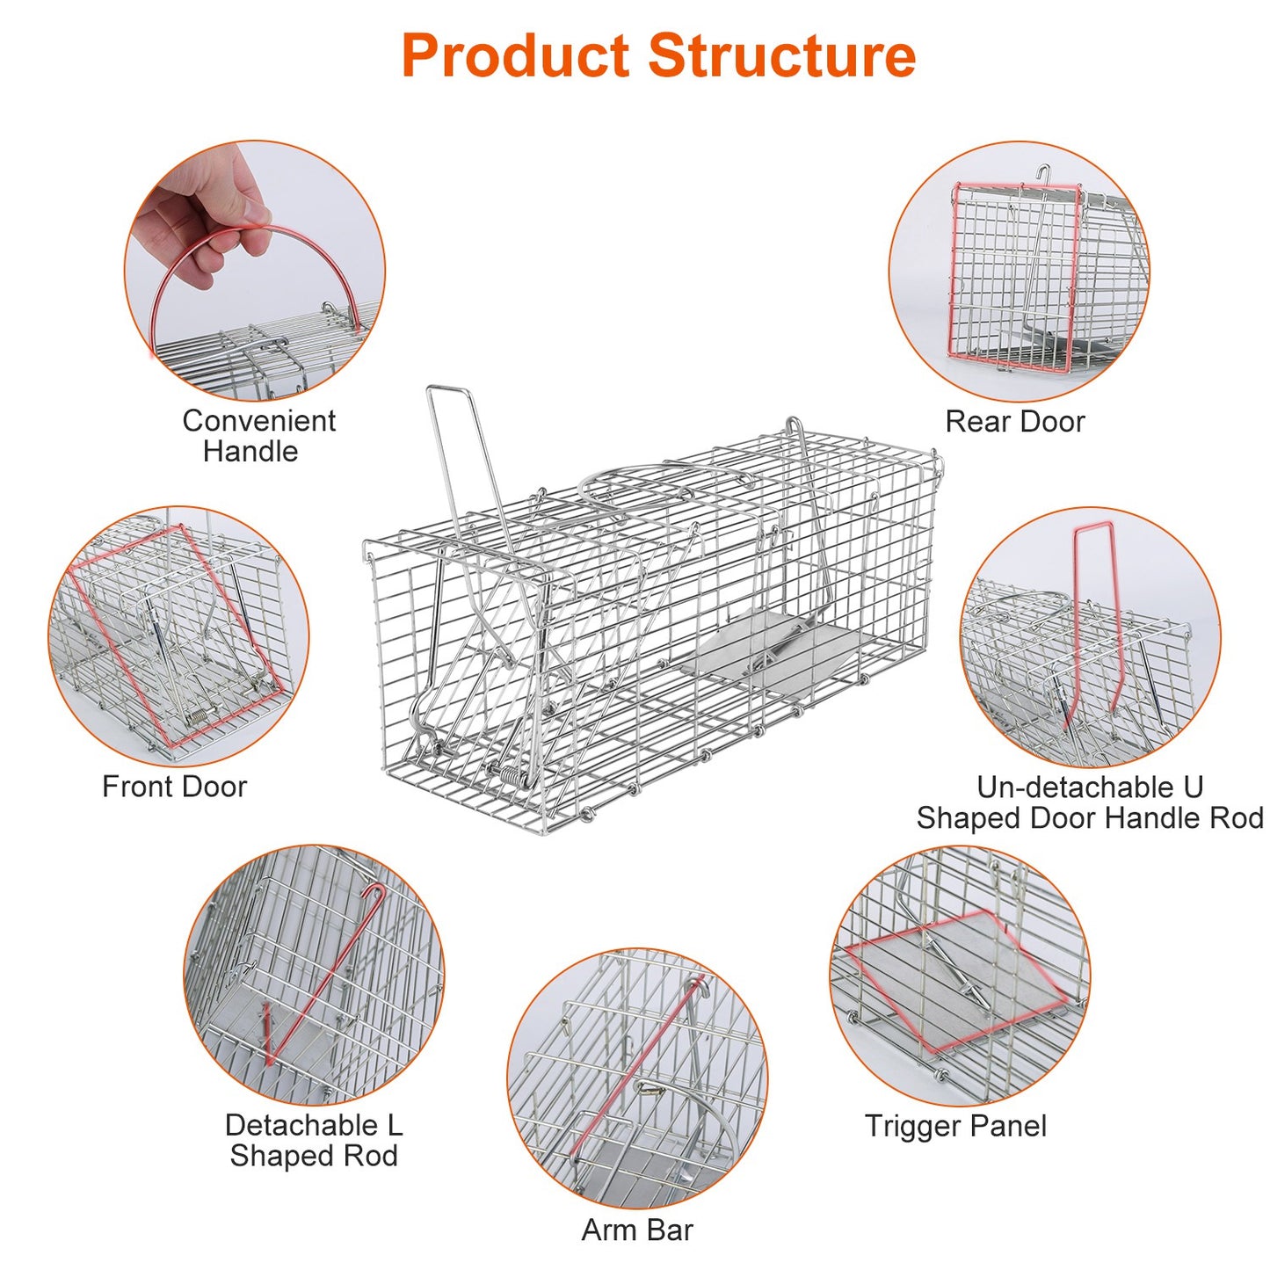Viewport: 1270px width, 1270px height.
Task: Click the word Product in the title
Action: pos(515,56)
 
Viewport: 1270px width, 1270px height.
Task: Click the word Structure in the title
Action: pos(781,56)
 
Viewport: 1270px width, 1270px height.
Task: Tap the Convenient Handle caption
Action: pos(258,436)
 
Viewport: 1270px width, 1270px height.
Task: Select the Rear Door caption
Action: pos(1014,422)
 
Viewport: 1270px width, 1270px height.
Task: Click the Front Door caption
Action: pos(174,787)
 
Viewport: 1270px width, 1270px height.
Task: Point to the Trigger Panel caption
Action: pos(955,1126)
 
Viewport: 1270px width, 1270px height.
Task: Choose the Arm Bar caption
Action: pos(637,1230)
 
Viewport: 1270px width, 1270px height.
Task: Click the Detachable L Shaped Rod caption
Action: pos(314,1140)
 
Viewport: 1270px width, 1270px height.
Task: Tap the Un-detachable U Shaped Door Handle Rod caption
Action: pos(1090,802)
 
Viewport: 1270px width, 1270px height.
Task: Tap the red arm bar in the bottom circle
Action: pos(637,1063)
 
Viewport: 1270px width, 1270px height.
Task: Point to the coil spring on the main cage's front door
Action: pos(510,774)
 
